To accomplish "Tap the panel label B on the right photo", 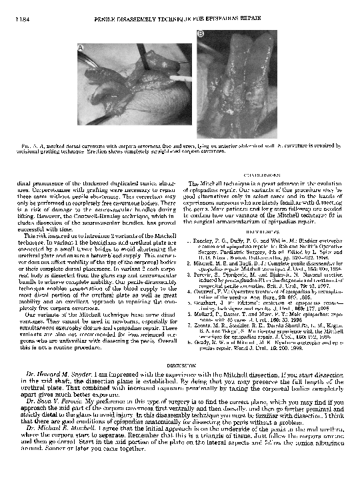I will click(199, 43).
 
